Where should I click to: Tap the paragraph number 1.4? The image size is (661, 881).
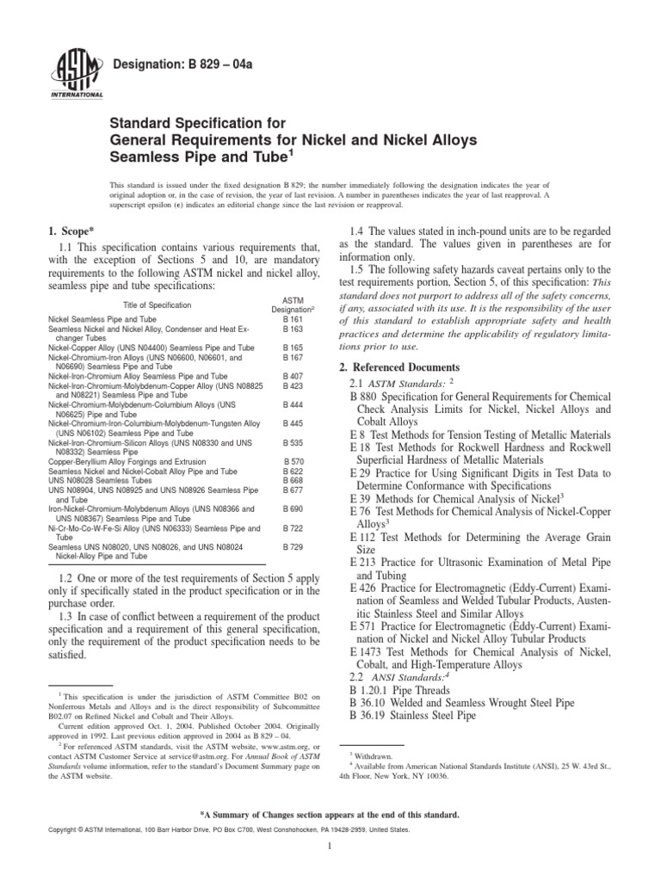tap(358, 232)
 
